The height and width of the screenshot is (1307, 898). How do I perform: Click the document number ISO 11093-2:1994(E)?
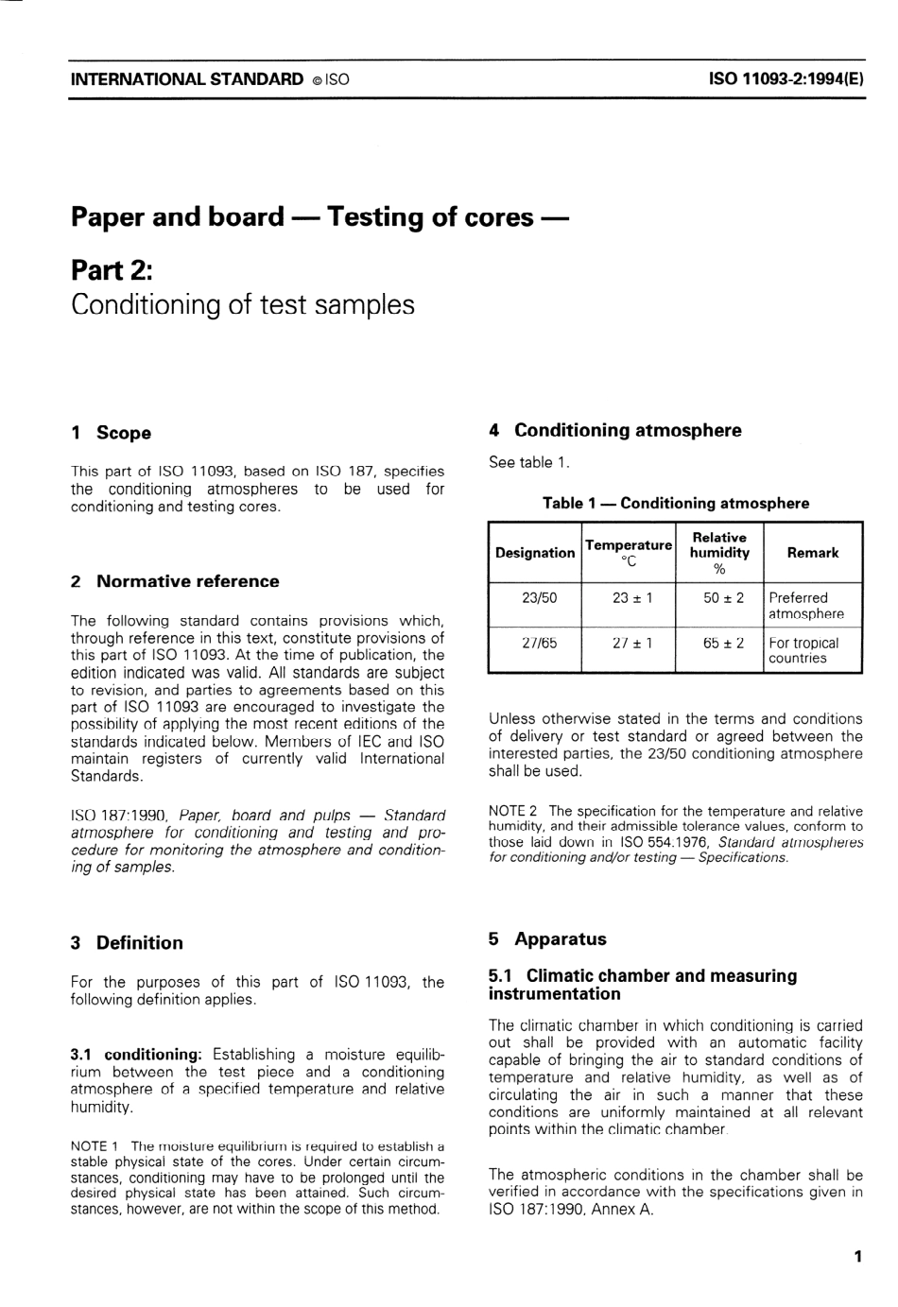[786, 79]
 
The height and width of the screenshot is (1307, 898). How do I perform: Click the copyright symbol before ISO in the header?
[315, 80]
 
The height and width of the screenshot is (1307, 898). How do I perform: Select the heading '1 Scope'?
[111, 433]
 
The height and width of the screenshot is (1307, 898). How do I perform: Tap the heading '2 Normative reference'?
[175, 581]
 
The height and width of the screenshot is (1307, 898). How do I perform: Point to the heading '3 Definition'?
[127, 942]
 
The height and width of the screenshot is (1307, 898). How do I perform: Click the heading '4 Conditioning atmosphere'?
[614, 430]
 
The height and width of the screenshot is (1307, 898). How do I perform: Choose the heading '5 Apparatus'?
[547, 938]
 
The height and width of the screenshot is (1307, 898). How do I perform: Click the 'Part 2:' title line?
[112, 270]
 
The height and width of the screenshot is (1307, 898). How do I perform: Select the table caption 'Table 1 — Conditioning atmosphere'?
[675, 503]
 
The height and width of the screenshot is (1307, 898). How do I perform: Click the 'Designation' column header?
[535, 553]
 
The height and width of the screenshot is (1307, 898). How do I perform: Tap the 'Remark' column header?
[812, 553]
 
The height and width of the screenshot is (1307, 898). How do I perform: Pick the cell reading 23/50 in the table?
[539, 597]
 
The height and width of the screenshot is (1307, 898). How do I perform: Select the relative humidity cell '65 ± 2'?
[723, 643]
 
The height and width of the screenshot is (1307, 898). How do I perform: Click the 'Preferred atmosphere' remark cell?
[805, 605]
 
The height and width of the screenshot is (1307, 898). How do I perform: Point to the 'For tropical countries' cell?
[803, 650]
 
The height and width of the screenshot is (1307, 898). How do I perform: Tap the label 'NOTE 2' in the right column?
[512, 811]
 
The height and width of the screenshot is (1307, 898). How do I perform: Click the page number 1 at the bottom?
[857, 1256]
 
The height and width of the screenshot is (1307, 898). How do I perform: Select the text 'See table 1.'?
[528, 462]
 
